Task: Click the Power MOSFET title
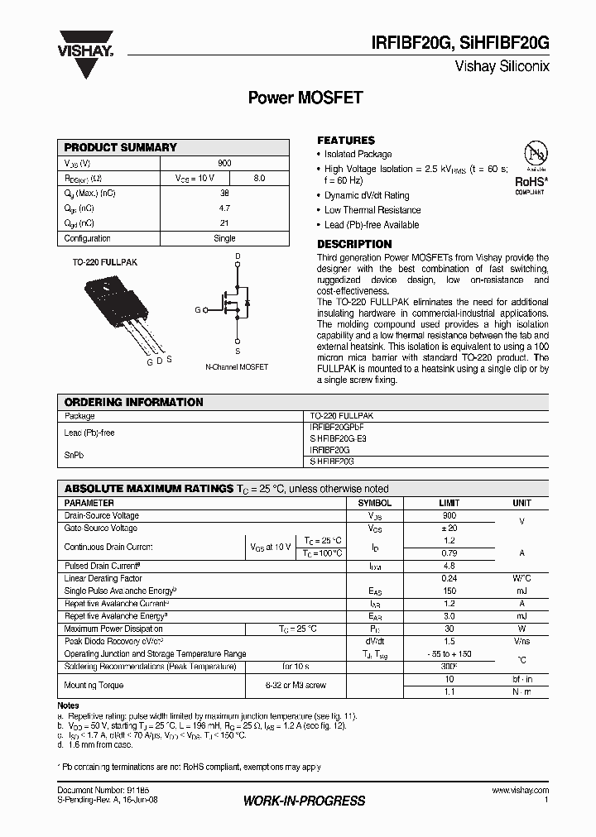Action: click(x=305, y=98)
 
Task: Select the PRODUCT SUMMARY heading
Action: click(x=121, y=147)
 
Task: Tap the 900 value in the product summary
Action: click(x=225, y=164)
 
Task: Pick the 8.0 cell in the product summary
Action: click(x=259, y=179)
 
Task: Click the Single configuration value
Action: click(x=225, y=238)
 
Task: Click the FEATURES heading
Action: click(x=346, y=141)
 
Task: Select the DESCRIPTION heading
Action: click(x=354, y=244)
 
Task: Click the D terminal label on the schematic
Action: click(x=238, y=256)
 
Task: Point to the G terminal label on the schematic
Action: click(x=198, y=310)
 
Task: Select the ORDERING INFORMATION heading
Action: click(x=133, y=402)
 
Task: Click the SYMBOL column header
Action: click(x=374, y=503)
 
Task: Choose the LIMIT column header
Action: click(x=449, y=503)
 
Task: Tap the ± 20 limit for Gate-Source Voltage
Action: click(x=449, y=528)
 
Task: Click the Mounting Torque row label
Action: click(x=94, y=685)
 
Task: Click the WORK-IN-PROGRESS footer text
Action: click(x=305, y=801)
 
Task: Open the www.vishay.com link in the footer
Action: click(x=520, y=791)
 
